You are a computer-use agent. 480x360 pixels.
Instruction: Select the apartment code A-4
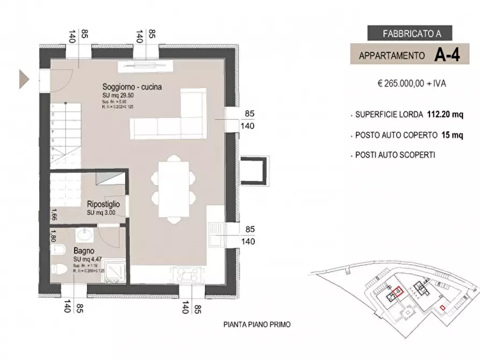tap(447, 55)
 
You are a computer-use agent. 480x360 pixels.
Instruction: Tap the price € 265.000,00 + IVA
tap(412, 83)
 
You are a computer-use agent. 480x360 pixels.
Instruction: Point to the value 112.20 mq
tap(445, 114)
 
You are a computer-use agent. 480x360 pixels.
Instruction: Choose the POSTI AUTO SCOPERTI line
tap(395, 155)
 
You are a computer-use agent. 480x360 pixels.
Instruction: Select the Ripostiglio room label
tap(107, 204)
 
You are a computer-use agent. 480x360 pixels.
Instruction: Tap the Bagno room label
tap(84, 251)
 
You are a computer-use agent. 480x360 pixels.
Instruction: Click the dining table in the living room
tap(174, 189)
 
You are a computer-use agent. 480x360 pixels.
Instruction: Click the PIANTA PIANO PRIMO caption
tap(256, 325)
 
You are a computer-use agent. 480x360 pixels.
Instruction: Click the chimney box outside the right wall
tap(253, 171)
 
